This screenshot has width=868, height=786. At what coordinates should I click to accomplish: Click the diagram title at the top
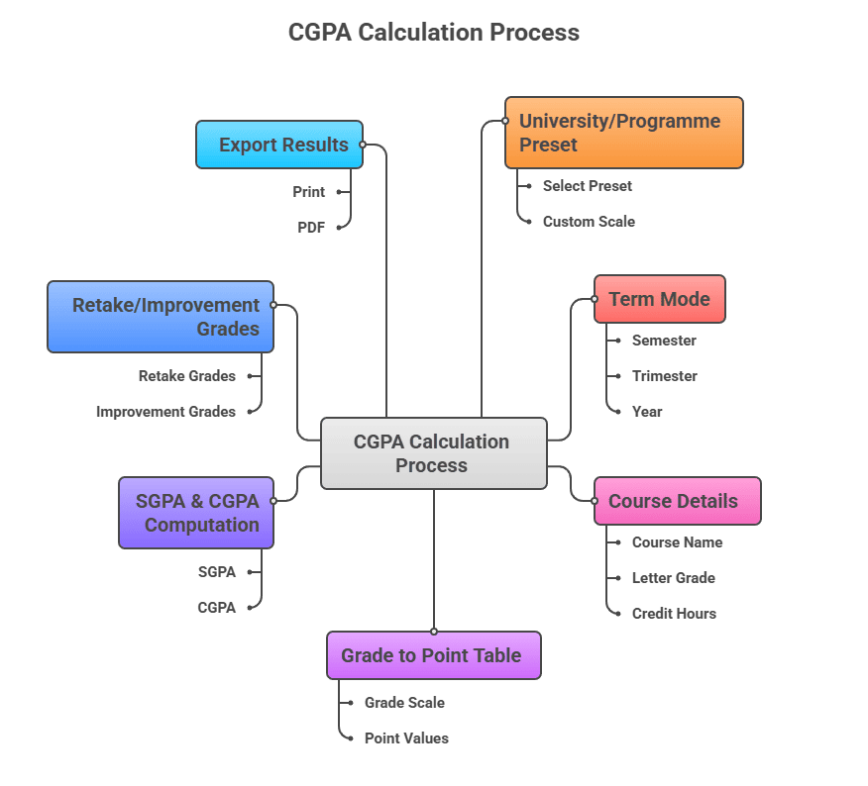coord(433,33)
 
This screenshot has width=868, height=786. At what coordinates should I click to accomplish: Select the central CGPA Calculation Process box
coord(433,453)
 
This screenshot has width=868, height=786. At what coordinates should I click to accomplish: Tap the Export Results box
coord(279,145)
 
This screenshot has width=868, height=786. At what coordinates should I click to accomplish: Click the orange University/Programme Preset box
coord(623,133)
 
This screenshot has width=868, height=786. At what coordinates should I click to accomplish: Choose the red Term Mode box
coord(659,299)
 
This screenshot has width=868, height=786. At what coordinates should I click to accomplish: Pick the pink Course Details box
coord(677,501)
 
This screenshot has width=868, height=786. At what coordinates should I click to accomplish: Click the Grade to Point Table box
coord(433,655)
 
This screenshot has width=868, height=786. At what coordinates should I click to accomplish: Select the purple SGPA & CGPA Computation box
coord(196,513)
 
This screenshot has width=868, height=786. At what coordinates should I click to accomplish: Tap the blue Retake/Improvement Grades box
coord(161,317)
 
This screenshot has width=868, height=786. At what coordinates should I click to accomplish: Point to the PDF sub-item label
coord(311,228)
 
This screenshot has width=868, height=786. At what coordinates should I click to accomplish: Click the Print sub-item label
coord(308,192)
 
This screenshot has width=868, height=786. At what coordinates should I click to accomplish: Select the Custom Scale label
coord(589,222)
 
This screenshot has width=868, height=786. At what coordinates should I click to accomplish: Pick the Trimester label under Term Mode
coord(664,376)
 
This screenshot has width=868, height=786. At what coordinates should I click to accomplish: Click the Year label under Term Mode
coord(647,412)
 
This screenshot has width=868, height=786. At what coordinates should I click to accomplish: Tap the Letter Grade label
coord(673,578)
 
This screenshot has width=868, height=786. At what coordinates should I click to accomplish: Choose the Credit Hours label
coord(674,614)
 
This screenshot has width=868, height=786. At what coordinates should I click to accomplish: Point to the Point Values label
coord(406,738)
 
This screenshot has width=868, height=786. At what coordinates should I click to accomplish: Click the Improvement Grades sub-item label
coord(165,412)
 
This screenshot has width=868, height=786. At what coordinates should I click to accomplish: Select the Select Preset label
coord(587,186)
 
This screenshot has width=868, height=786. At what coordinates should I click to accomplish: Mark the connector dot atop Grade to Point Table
coord(434,632)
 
